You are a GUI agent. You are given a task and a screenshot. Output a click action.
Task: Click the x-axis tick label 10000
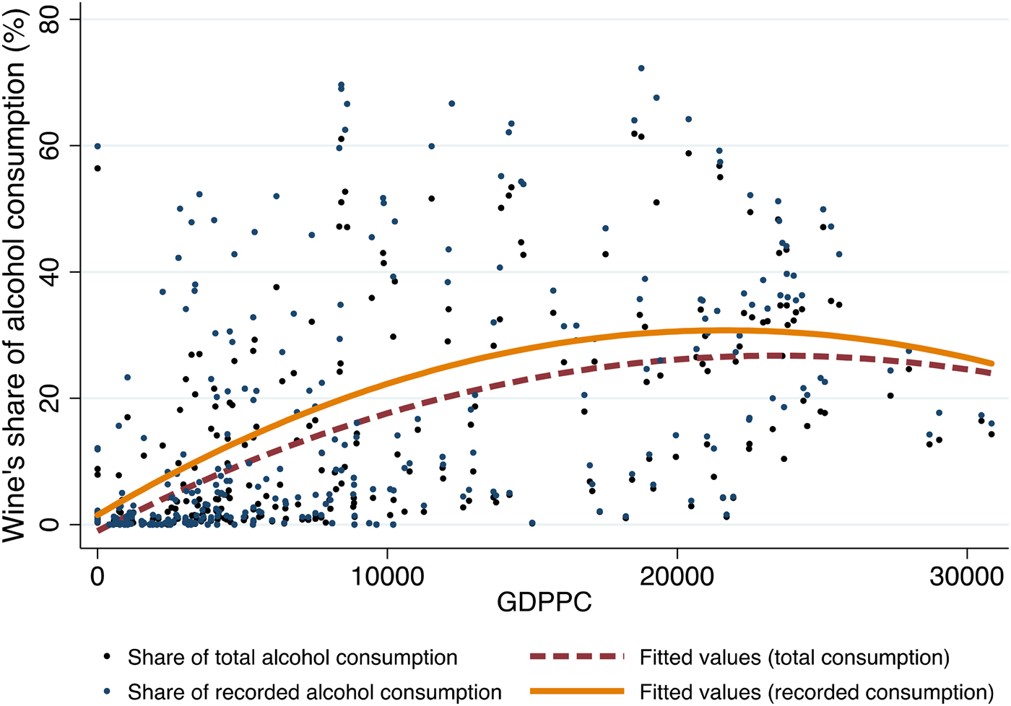[387, 577]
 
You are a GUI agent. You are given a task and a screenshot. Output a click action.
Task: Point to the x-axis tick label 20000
[677, 577]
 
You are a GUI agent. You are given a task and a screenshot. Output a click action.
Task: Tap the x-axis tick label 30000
[967, 577]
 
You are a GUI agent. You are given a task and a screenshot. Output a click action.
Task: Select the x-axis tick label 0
[97, 577]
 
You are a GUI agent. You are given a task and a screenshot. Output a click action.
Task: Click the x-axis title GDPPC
[544, 602]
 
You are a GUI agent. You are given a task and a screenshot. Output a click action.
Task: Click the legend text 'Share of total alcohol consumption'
[292, 658]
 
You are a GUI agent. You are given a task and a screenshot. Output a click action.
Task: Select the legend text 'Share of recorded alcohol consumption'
[314, 692]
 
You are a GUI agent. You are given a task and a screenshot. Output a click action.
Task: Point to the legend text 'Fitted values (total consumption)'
[794, 658]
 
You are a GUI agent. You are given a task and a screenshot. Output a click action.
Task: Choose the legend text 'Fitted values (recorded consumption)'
[817, 692]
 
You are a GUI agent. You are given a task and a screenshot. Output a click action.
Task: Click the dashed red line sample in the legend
[576, 657]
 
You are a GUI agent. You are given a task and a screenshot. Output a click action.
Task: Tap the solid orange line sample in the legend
[576, 691]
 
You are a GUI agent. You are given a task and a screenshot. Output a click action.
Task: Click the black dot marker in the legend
[108, 657]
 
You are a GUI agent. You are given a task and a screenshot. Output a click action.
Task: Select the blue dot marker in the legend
[108, 691]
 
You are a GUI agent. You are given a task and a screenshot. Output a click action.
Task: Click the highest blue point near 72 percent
[641, 69]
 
